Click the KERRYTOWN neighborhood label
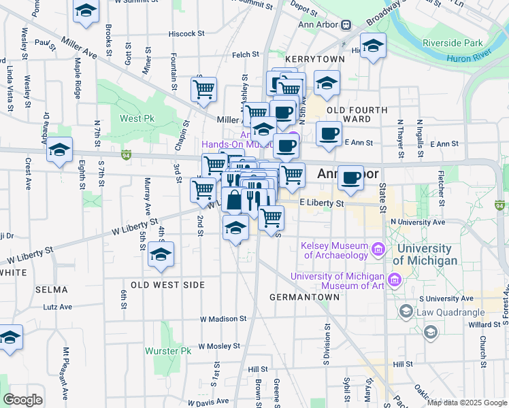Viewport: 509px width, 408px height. [x=311, y=60]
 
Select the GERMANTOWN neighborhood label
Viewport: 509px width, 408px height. [x=304, y=297]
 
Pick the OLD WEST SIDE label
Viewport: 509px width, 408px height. [x=167, y=285]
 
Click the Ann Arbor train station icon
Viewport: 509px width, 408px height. [x=346, y=25]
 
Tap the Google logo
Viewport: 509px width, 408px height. [x=22, y=399]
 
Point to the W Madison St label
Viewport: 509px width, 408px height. [x=223, y=318]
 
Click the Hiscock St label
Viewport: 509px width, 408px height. [x=186, y=33]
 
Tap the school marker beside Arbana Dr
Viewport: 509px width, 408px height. [x=60, y=150]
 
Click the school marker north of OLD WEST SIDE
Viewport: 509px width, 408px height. [x=161, y=254]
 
